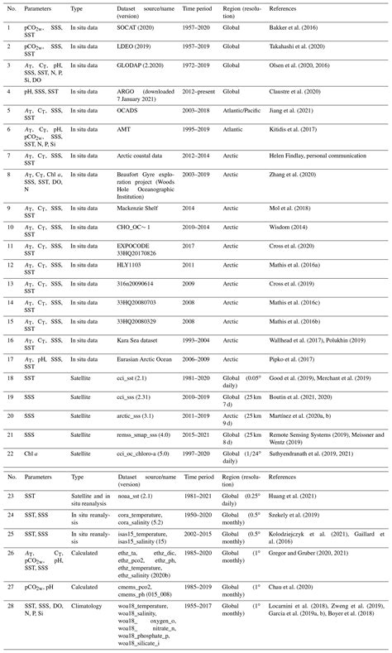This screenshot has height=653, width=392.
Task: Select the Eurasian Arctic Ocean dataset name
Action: point(150,358)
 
